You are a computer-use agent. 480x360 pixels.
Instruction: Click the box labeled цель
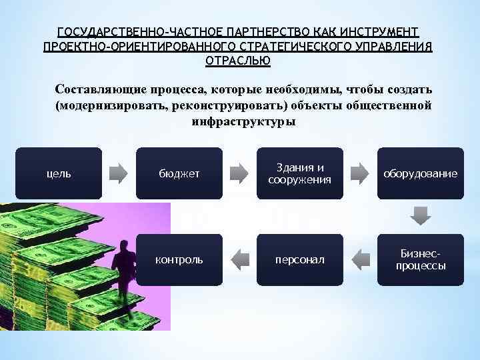59,173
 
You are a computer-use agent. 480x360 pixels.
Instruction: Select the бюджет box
179,173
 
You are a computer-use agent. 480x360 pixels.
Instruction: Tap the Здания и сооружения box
299,173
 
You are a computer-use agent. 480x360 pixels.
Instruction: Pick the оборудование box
420,173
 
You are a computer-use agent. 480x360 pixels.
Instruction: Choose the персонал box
299,259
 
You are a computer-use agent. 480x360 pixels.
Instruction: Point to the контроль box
179,259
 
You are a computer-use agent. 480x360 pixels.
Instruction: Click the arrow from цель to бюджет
119,173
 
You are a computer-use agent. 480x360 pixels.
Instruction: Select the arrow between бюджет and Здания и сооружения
239,173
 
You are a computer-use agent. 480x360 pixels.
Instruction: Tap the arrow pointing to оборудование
360,173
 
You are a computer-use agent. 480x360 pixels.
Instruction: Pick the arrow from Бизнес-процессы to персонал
360,259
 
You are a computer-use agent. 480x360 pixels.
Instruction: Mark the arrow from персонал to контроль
239,259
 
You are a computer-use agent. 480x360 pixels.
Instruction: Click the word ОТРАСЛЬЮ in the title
238,61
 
